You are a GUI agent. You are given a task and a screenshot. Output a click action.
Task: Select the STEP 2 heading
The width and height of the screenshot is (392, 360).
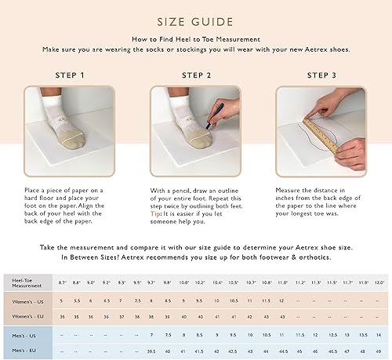197,75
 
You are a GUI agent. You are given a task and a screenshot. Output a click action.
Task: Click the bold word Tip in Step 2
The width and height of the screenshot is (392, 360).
157,215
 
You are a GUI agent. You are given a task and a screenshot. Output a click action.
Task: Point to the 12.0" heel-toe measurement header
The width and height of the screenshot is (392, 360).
379,282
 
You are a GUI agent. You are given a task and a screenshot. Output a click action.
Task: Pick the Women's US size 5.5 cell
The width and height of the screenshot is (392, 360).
76,301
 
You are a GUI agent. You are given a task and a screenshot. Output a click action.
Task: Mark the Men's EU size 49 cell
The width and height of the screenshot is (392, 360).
379,351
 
